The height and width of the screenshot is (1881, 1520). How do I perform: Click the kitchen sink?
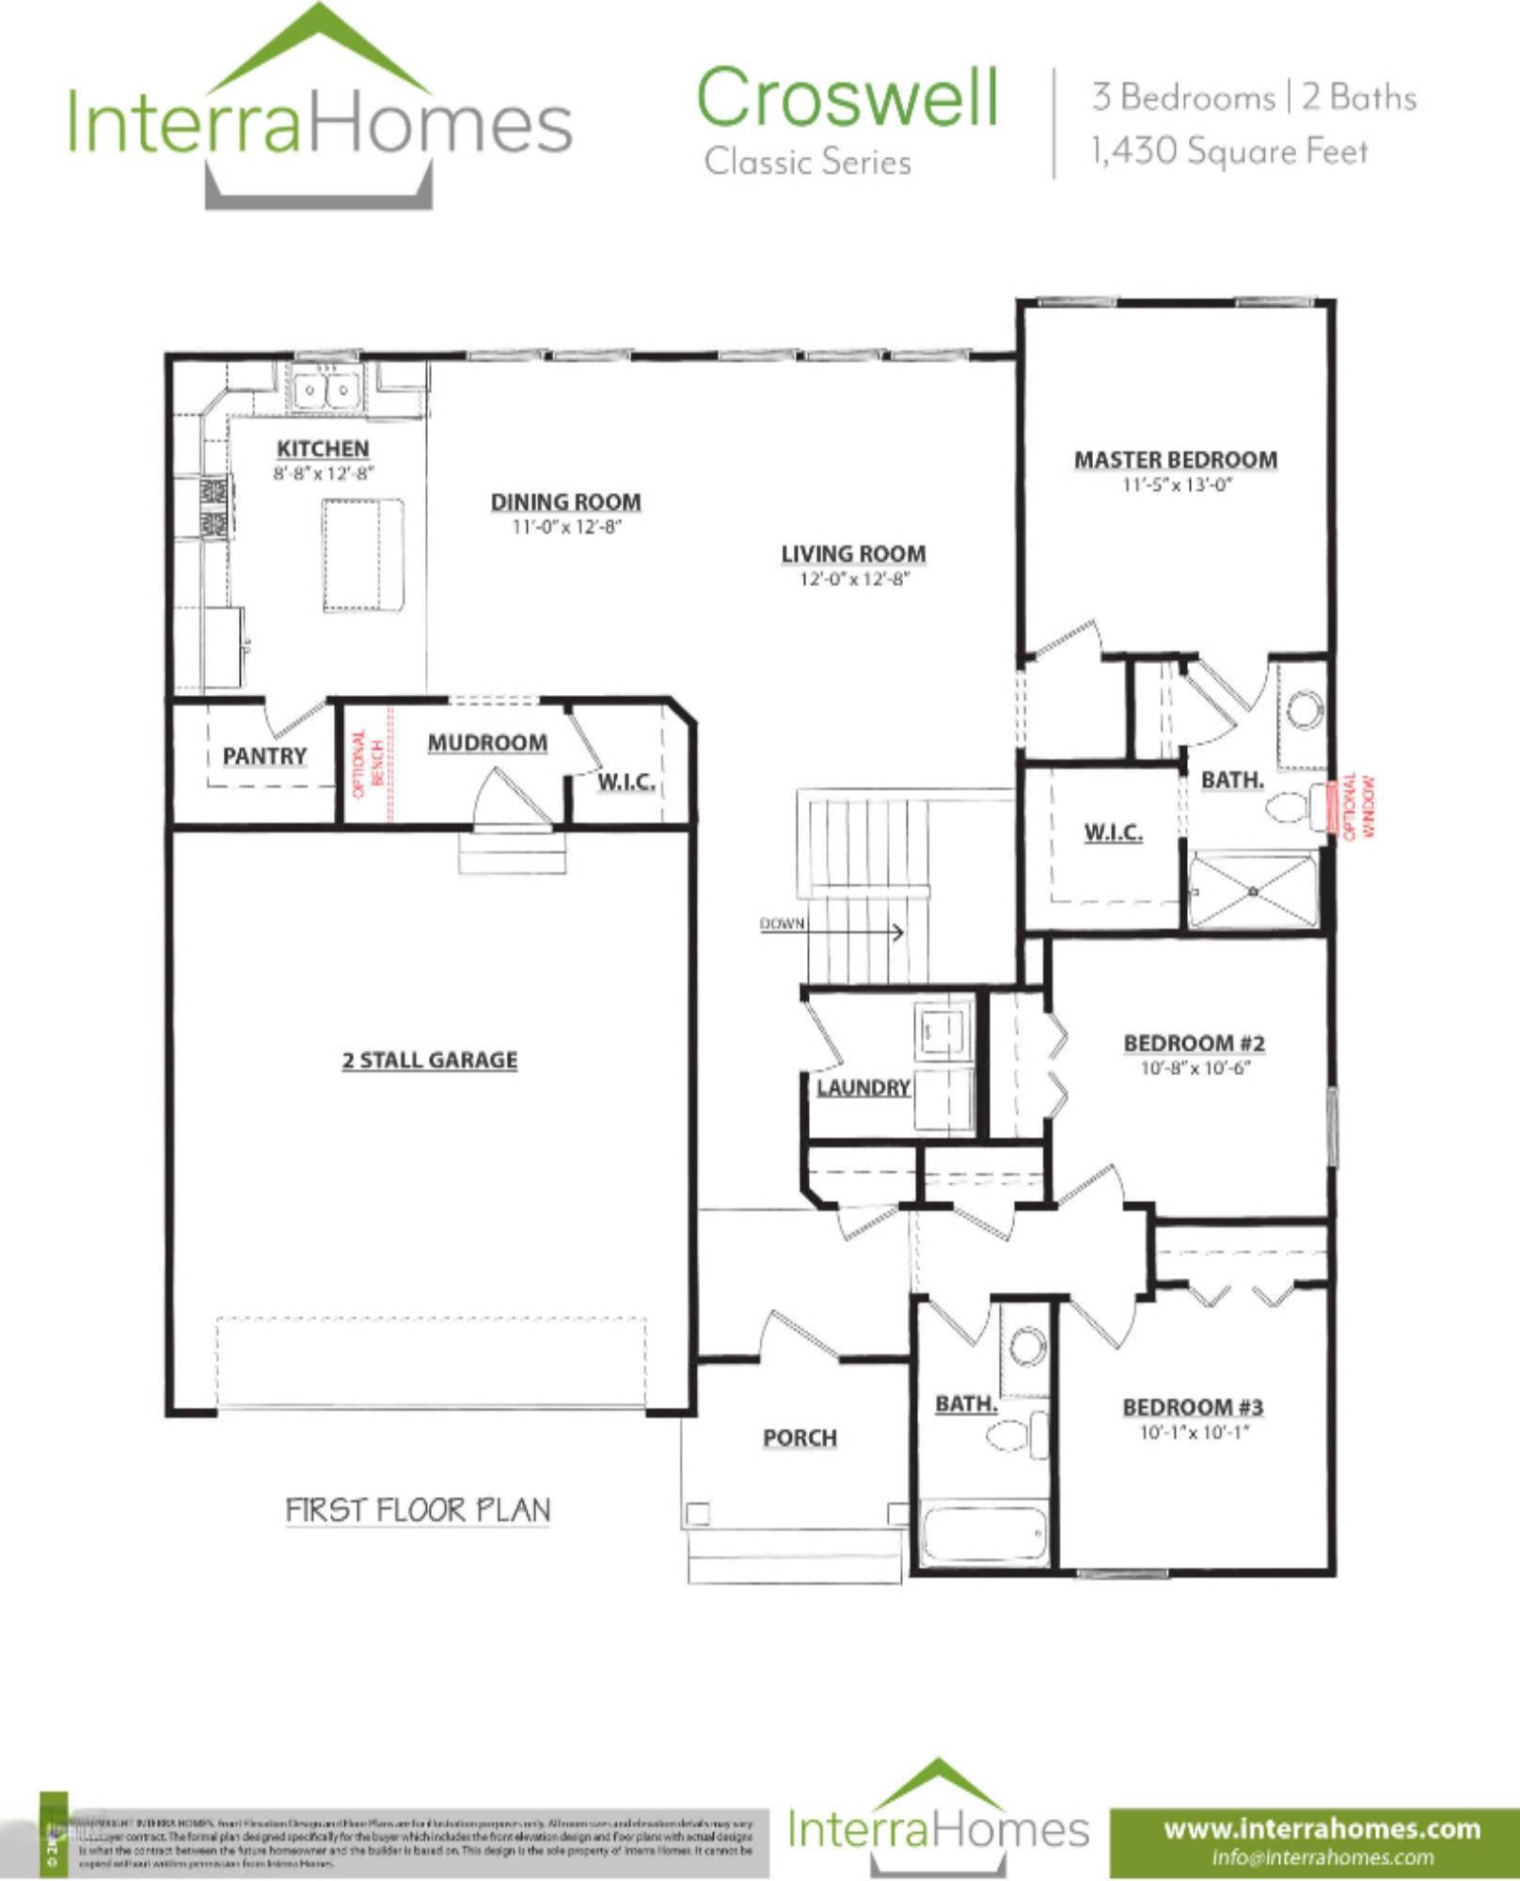point(325,389)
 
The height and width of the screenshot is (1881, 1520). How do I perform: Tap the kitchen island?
point(363,555)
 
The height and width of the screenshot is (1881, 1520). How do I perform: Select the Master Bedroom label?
point(1176,460)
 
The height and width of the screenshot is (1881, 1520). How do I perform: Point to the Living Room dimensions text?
point(854,579)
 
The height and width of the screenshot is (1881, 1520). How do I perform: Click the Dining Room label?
point(565,502)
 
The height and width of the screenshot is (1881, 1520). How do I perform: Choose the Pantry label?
point(264,756)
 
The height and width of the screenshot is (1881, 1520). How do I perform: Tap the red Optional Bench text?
point(367,763)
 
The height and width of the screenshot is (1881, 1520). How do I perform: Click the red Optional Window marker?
point(1333,806)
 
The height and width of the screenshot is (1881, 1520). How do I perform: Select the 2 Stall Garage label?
point(429,1060)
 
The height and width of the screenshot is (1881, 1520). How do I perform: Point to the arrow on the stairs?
point(897,932)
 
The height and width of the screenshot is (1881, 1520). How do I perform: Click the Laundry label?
point(863,1088)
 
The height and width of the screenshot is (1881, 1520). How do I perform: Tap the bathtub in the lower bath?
point(984,1535)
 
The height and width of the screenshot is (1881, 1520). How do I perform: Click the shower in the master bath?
point(1254,890)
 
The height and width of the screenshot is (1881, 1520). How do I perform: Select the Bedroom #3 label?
point(1192,1407)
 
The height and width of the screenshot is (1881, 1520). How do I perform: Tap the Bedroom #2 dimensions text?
point(1195,1068)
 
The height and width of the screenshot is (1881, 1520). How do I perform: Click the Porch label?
point(800,1438)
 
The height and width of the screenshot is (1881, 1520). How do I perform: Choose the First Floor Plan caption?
point(418,1510)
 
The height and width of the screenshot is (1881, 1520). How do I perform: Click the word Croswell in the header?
point(847,98)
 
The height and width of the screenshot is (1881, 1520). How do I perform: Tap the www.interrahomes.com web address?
point(1322,1829)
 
